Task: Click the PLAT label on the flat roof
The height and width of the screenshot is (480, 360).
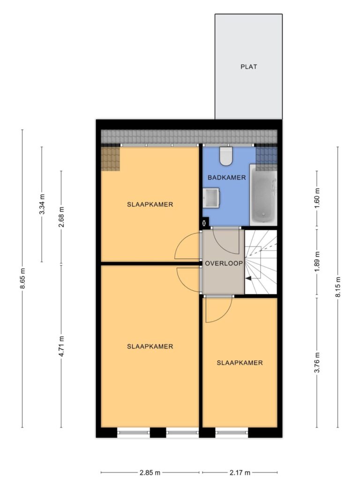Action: pos(248,67)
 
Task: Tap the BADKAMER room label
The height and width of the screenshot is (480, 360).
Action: pos(226,178)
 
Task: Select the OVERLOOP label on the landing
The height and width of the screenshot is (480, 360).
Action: pos(224,263)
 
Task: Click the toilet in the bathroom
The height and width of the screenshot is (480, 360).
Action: pos(226,156)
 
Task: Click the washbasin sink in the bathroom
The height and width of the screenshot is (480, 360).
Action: pos(210,198)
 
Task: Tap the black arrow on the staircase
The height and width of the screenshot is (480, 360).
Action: pos(248,278)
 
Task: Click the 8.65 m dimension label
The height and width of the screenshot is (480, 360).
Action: pos(23,278)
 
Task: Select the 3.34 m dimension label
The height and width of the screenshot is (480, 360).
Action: pos(42,204)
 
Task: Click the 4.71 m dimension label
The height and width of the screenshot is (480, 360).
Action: pos(61,346)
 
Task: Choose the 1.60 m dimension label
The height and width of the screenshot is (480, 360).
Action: pos(317,198)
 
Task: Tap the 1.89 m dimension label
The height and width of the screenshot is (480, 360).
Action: pos(317,262)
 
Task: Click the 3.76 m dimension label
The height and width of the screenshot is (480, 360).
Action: pos(317,363)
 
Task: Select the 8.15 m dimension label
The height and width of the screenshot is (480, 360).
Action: pos(338,287)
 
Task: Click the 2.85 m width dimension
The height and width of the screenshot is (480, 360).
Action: pos(150,472)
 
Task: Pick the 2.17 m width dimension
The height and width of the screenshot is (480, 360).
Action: pos(240,472)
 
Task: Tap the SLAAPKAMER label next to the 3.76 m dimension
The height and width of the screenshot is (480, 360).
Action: pos(240,363)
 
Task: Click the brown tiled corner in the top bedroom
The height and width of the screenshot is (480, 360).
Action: pos(111,158)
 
